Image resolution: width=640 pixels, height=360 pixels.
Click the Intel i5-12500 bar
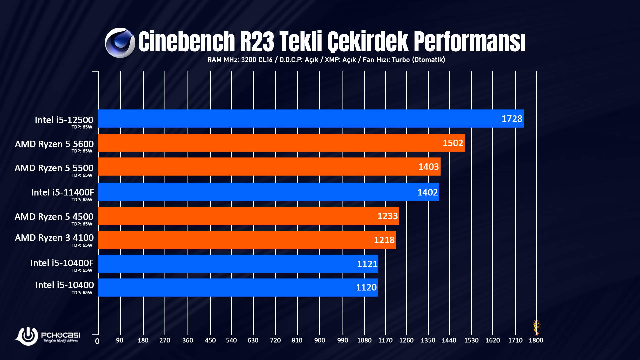pos(310,119)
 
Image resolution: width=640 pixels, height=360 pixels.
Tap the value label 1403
pos(428,167)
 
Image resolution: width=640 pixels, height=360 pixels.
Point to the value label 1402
pos(427,192)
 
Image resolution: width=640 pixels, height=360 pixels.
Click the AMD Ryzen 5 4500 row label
pos(54,217)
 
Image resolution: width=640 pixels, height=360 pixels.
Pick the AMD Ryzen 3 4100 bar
pos(247,240)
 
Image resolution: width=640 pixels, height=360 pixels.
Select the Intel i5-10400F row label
pos(62,263)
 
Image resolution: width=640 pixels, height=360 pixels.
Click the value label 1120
pos(366,287)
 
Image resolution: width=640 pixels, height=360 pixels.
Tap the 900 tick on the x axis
pos(319,340)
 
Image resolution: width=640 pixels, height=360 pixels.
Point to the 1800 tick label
pos(536,340)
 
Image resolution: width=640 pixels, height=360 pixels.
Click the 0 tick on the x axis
pos(97,341)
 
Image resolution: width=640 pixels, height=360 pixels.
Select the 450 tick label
pos(210,340)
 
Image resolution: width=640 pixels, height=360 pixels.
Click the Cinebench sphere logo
pos(120,43)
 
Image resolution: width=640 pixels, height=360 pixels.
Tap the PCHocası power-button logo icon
pos(27,335)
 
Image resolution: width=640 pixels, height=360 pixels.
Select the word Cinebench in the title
pos(187,42)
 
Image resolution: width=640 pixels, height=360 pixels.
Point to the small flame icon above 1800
pos(536,327)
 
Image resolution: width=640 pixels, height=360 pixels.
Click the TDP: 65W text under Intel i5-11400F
pos(82,200)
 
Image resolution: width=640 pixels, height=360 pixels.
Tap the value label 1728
pos(512,119)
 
